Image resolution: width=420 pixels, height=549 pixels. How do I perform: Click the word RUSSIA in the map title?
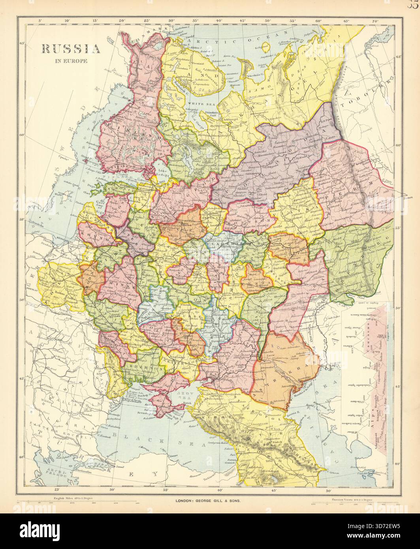pyautogui.click(x=71, y=49)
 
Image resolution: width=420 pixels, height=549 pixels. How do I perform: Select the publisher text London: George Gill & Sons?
pyautogui.click(x=208, y=500)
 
